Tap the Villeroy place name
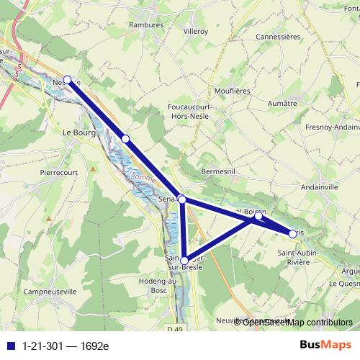point(195,32)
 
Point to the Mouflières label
point(232,91)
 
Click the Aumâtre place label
point(282,104)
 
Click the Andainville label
point(324,186)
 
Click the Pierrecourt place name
point(58,173)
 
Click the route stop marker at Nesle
point(68,80)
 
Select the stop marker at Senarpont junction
point(182,199)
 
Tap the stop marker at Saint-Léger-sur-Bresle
point(184,260)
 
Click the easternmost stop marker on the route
point(293,233)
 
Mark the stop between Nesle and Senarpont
point(125,138)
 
